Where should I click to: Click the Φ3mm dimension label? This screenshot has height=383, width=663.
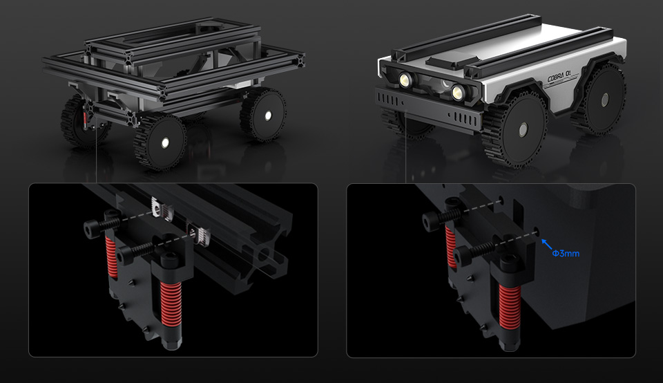566,254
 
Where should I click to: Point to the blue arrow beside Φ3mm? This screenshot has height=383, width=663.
547,245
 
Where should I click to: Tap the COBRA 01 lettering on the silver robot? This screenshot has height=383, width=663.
559,78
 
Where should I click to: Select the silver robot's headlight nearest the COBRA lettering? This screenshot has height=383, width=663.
457,91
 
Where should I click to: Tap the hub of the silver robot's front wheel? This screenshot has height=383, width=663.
523,128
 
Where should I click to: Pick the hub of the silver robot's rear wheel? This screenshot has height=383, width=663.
605,100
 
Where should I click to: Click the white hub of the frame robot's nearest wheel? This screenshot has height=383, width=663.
165,143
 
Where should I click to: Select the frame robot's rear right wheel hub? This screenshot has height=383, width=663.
268,115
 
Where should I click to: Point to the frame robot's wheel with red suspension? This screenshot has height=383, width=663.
81,121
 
